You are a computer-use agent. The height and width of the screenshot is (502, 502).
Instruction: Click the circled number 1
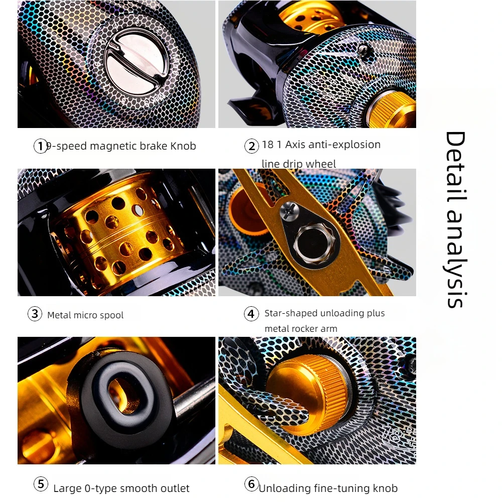tap(40, 146)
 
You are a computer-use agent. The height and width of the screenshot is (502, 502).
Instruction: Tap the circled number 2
tap(252, 146)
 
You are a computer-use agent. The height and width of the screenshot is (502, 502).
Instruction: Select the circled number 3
tap(35, 314)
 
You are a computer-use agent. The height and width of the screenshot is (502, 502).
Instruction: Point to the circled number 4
tap(252, 314)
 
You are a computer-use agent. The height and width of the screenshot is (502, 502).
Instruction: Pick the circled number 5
tap(41, 484)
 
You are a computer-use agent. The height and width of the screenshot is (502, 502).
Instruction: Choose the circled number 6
tap(252, 484)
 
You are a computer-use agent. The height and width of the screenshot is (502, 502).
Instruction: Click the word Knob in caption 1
tap(183, 146)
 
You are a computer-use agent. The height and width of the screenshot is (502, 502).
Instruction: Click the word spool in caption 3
tap(112, 315)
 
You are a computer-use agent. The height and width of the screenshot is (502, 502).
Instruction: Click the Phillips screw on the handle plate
tap(290, 211)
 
